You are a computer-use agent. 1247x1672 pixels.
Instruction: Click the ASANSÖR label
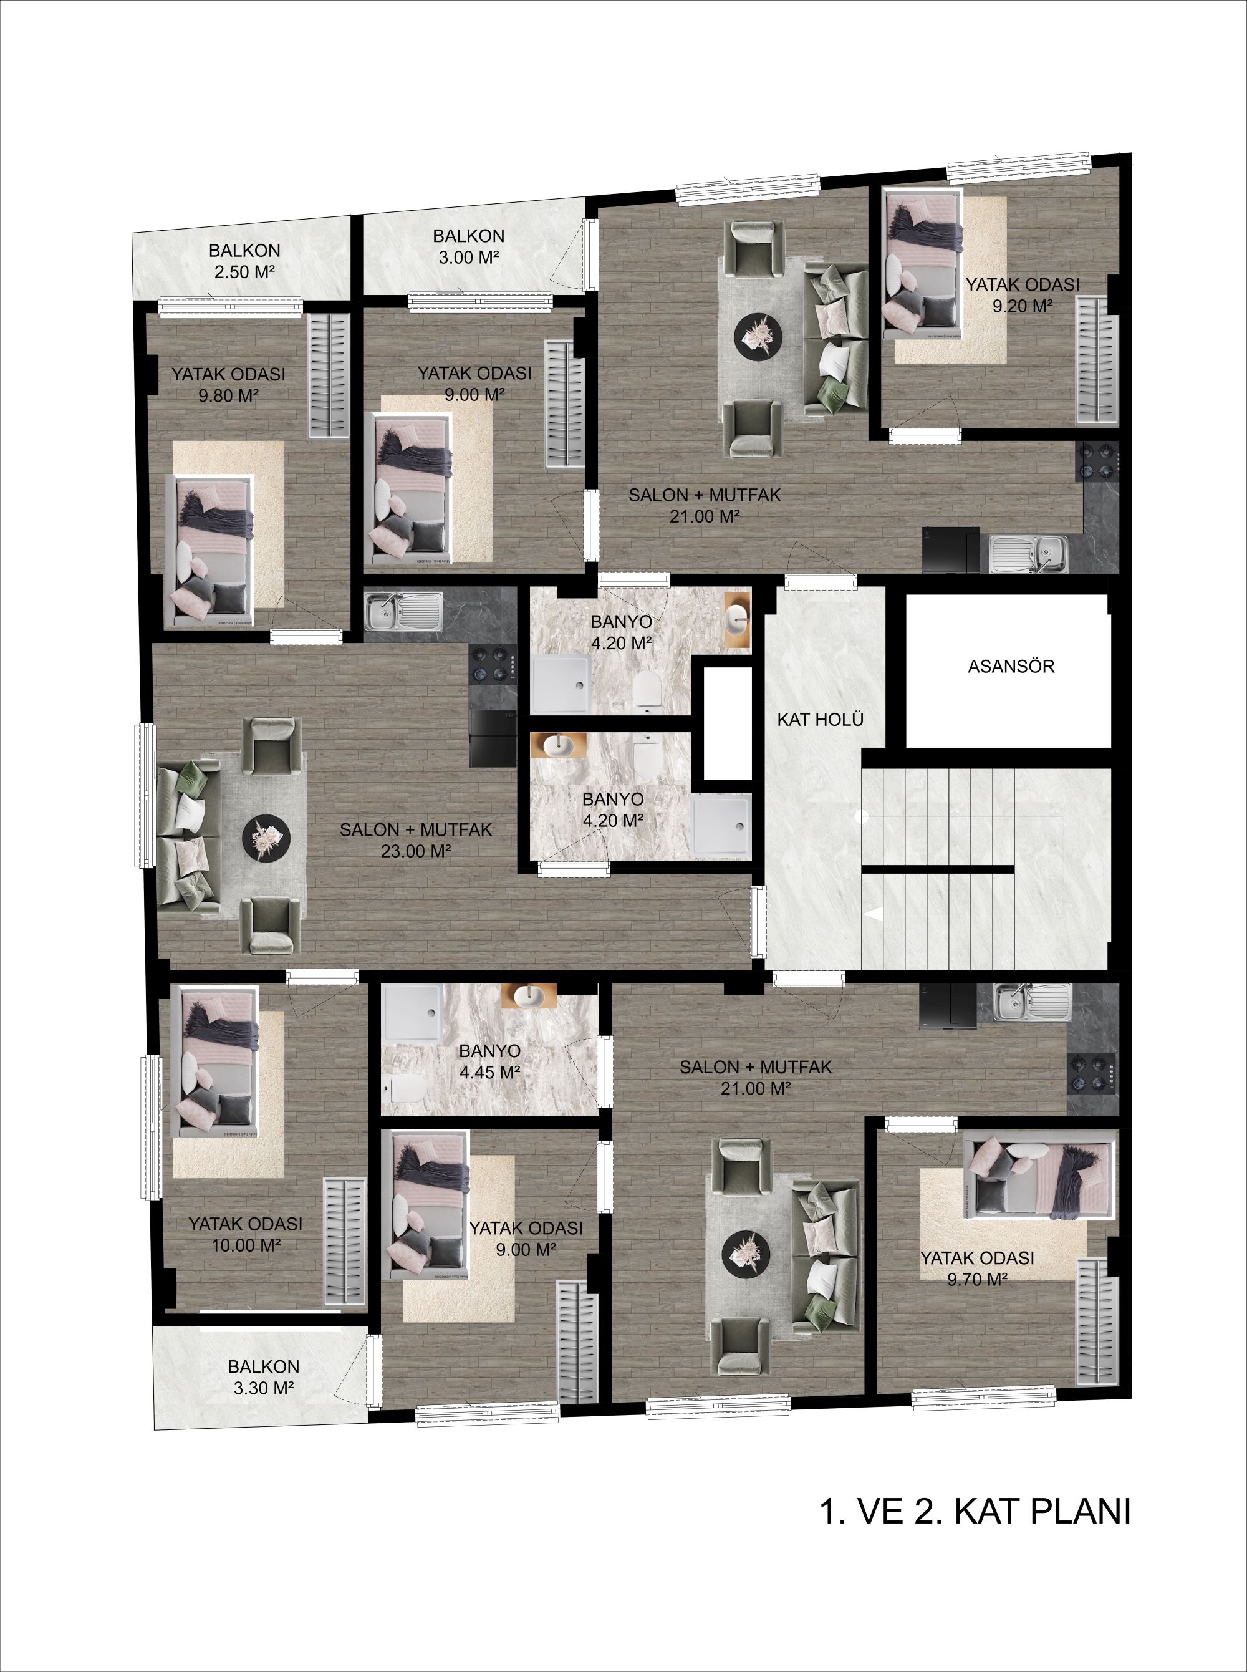(1011, 667)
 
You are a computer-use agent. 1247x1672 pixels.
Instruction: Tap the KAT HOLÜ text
(820, 719)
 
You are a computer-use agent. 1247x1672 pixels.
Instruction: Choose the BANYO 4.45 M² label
(489, 1061)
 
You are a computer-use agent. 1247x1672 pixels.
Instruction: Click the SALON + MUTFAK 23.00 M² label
(416, 840)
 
